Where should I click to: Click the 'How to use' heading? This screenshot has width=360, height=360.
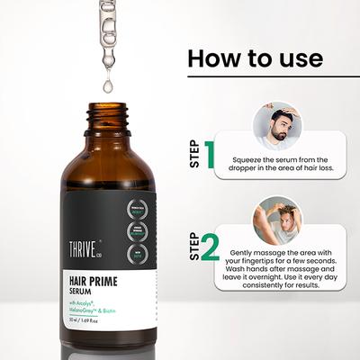(255, 59)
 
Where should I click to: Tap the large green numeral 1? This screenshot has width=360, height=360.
(208, 154)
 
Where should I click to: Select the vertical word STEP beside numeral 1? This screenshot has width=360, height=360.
(193, 154)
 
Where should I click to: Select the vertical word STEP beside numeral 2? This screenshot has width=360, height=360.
(193, 246)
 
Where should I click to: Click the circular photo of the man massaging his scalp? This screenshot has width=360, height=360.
(277, 219)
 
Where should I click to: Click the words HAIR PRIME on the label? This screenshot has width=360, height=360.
(100, 282)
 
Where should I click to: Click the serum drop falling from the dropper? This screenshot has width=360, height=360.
(108, 86)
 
